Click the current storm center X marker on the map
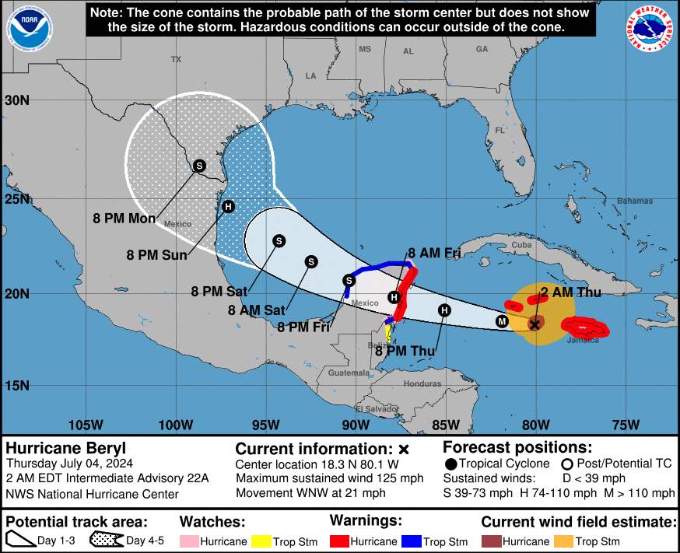tap(535, 324)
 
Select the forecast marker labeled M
tap(503, 320)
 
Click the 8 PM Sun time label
tap(152, 254)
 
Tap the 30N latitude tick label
tap(16, 100)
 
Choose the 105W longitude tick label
tap(86, 425)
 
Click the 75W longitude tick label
tap(626, 425)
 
